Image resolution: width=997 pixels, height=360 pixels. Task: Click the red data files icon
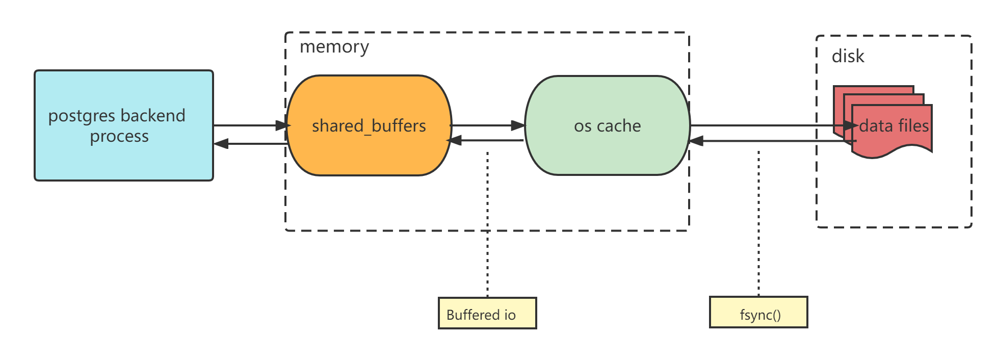coord(892,143)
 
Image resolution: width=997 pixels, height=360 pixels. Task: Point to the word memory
coord(334,47)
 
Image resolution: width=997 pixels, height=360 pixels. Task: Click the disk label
coord(848,56)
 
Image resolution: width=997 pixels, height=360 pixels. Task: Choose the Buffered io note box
coord(487,314)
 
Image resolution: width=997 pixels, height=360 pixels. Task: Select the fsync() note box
coord(758,313)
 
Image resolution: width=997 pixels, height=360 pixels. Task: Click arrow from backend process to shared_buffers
coord(250,125)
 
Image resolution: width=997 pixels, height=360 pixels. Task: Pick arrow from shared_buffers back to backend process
coord(250,144)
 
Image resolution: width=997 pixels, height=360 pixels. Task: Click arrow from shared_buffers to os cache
coord(487,125)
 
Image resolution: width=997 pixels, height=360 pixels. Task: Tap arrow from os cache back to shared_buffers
coord(487,140)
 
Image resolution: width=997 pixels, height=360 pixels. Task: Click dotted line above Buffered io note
coord(488,255)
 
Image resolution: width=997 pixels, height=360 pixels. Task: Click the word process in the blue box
coord(119,137)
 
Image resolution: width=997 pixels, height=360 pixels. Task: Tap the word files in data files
coord(912,126)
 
